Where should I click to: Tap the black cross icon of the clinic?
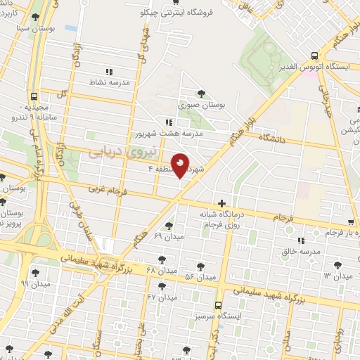click(222, 203)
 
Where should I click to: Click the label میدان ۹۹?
click(34, 283)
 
